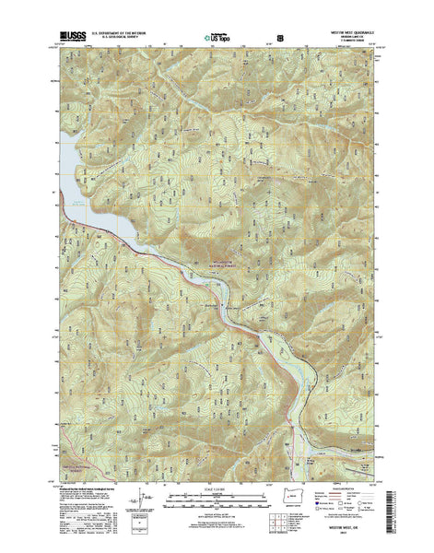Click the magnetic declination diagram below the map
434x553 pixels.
[138, 512]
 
